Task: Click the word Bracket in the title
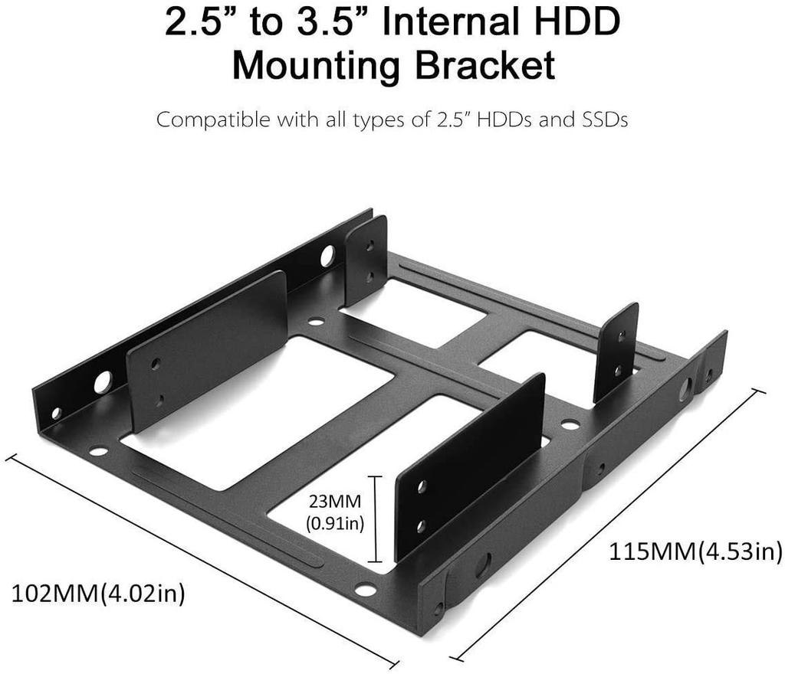coord(484,66)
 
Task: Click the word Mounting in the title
coord(317,66)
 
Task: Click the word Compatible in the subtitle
coord(202,120)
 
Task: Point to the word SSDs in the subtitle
coord(599,120)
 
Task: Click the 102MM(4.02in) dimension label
coord(98,594)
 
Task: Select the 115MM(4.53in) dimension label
coord(695,551)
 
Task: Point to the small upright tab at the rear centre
coord(366,260)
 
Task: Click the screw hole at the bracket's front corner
coord(366,589)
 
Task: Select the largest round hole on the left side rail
coord(103,381)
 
